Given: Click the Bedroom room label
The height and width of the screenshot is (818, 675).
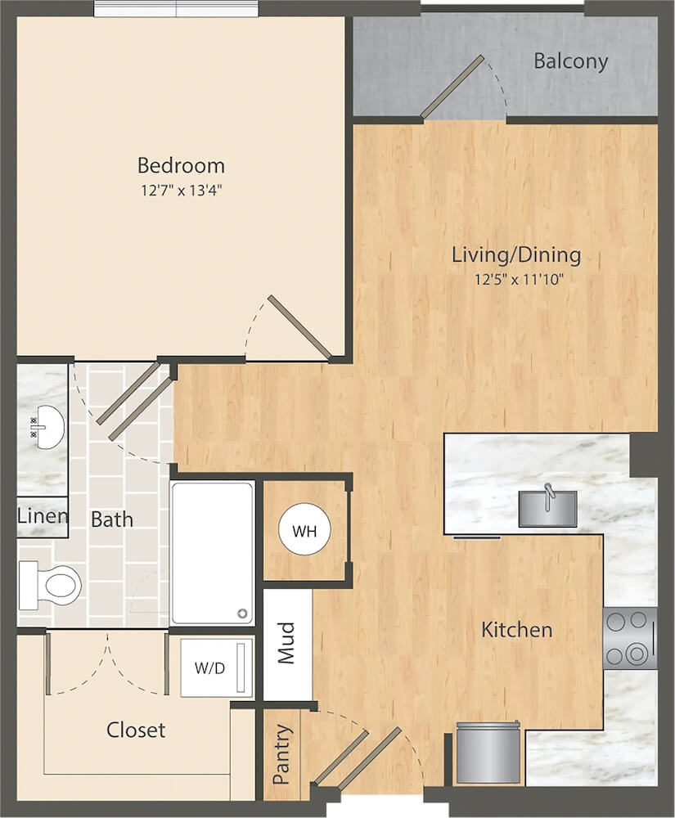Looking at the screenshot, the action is click(181, 165).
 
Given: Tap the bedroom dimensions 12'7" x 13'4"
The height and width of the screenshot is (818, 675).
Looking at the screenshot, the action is click(182, 191).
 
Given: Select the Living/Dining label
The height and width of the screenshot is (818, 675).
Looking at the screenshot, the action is click(516, 255).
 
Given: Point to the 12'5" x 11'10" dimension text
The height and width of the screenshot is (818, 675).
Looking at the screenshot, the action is click(520, 280).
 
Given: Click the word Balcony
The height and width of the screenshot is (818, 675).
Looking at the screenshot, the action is click(570, 61).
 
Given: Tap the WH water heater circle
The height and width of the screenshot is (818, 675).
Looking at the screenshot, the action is click(304, 531).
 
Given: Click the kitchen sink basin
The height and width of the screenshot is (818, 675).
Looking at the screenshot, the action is click(547, 509).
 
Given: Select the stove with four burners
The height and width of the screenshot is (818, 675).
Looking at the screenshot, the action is click(630, 639).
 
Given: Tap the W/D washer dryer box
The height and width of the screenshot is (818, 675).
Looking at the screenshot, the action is click(217, 667).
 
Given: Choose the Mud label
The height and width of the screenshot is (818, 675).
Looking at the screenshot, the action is click(286, 643).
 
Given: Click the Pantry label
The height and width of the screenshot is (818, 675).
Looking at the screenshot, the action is click(281, 754).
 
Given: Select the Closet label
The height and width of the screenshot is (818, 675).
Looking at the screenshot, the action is click(136, 730).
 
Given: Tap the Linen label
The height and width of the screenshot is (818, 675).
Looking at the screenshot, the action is click(43, 516).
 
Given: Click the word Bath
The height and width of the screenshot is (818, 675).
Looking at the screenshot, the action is click(111, 519).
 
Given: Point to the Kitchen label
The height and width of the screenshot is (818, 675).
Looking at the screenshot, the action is click(516, 630).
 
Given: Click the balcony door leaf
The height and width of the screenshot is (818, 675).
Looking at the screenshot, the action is click(452, 86).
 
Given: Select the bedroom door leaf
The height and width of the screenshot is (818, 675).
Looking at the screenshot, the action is click(300, 328).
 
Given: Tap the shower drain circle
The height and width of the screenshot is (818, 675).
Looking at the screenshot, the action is click(242, 613).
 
